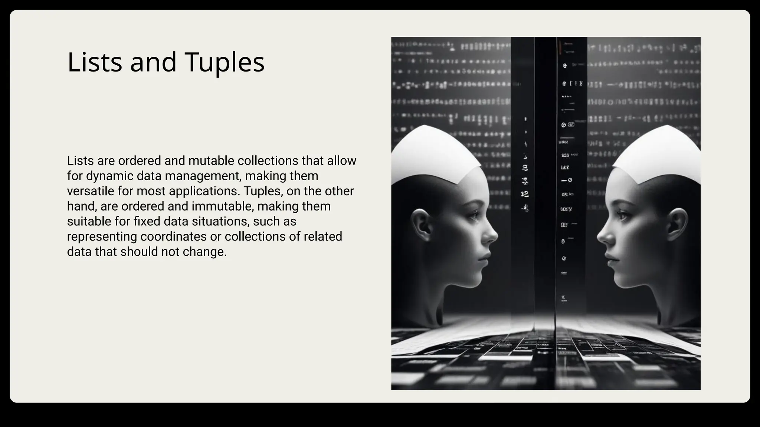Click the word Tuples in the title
(x=224, y=62)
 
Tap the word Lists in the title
(x=95, y=62)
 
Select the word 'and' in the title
(x=153, y=62)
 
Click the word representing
(x=102, y=236)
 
